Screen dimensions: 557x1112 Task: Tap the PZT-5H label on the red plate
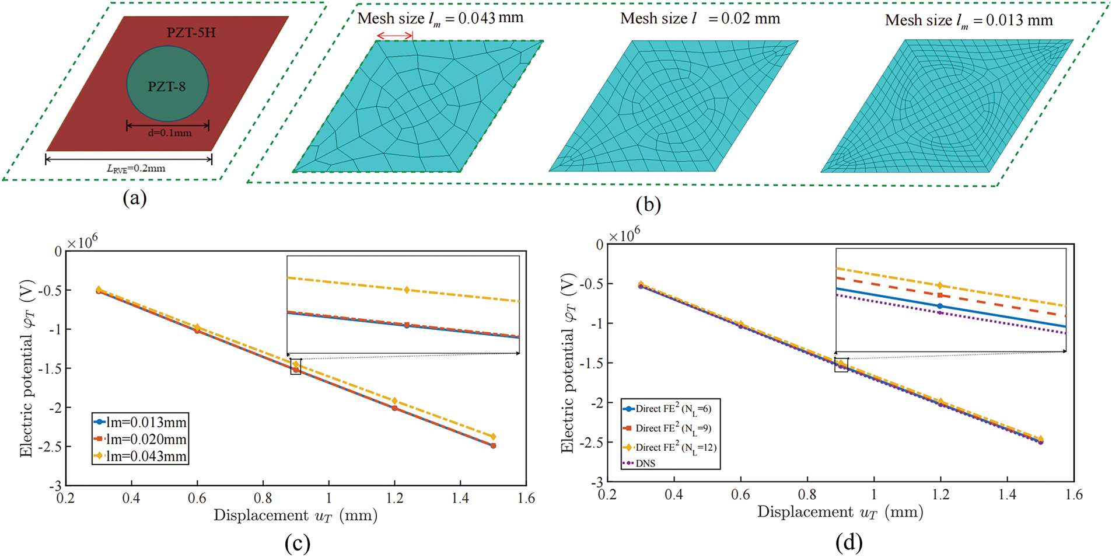point(191,33)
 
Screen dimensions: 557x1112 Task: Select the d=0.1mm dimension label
point(169,133)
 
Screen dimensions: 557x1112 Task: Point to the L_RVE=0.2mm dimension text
point(136,168)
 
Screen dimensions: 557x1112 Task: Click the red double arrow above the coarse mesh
point(394,36)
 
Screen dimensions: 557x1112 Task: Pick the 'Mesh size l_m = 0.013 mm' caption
point(968,20)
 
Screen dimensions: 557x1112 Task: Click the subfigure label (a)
point(135,199)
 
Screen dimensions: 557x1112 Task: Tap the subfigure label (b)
point(649,204)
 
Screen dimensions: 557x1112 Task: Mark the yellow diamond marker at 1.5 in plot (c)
point(493,437)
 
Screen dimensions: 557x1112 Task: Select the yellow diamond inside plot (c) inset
point(407,290)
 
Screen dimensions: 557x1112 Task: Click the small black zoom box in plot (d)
point(841,365)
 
